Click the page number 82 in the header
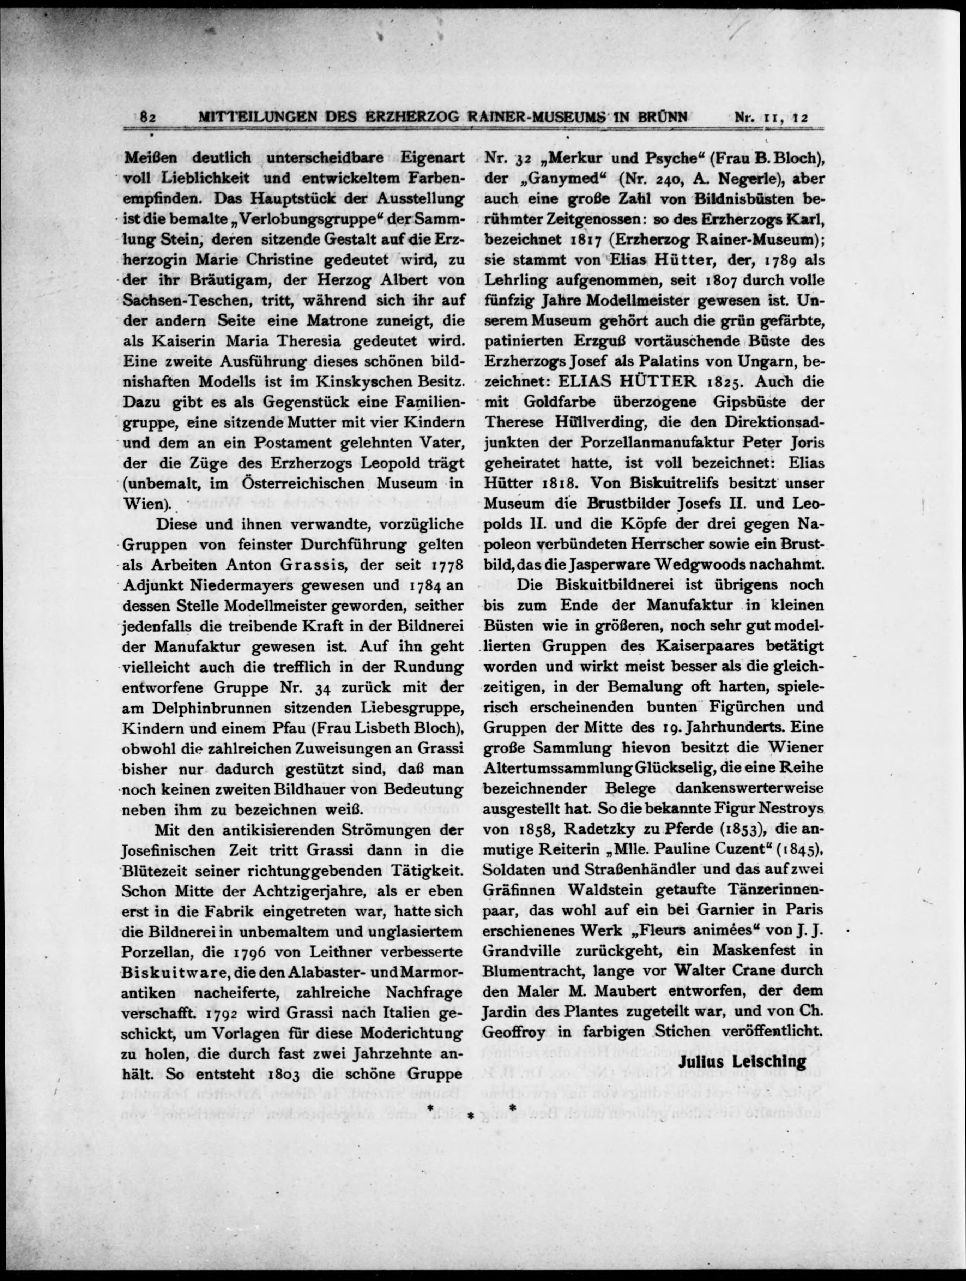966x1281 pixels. [x=148, y=117]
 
